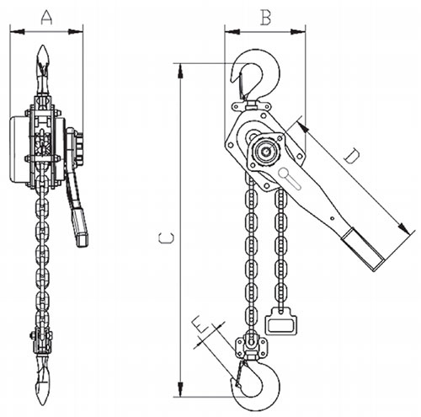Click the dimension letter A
[x=46, y=18]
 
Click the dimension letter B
[x=266, y=18]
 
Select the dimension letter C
[x=166, y=238]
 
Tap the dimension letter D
[x=351, y=156]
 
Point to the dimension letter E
[x=200, y=325]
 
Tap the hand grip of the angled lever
[x=364, y=249]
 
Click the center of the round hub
[x=265, y=152]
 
